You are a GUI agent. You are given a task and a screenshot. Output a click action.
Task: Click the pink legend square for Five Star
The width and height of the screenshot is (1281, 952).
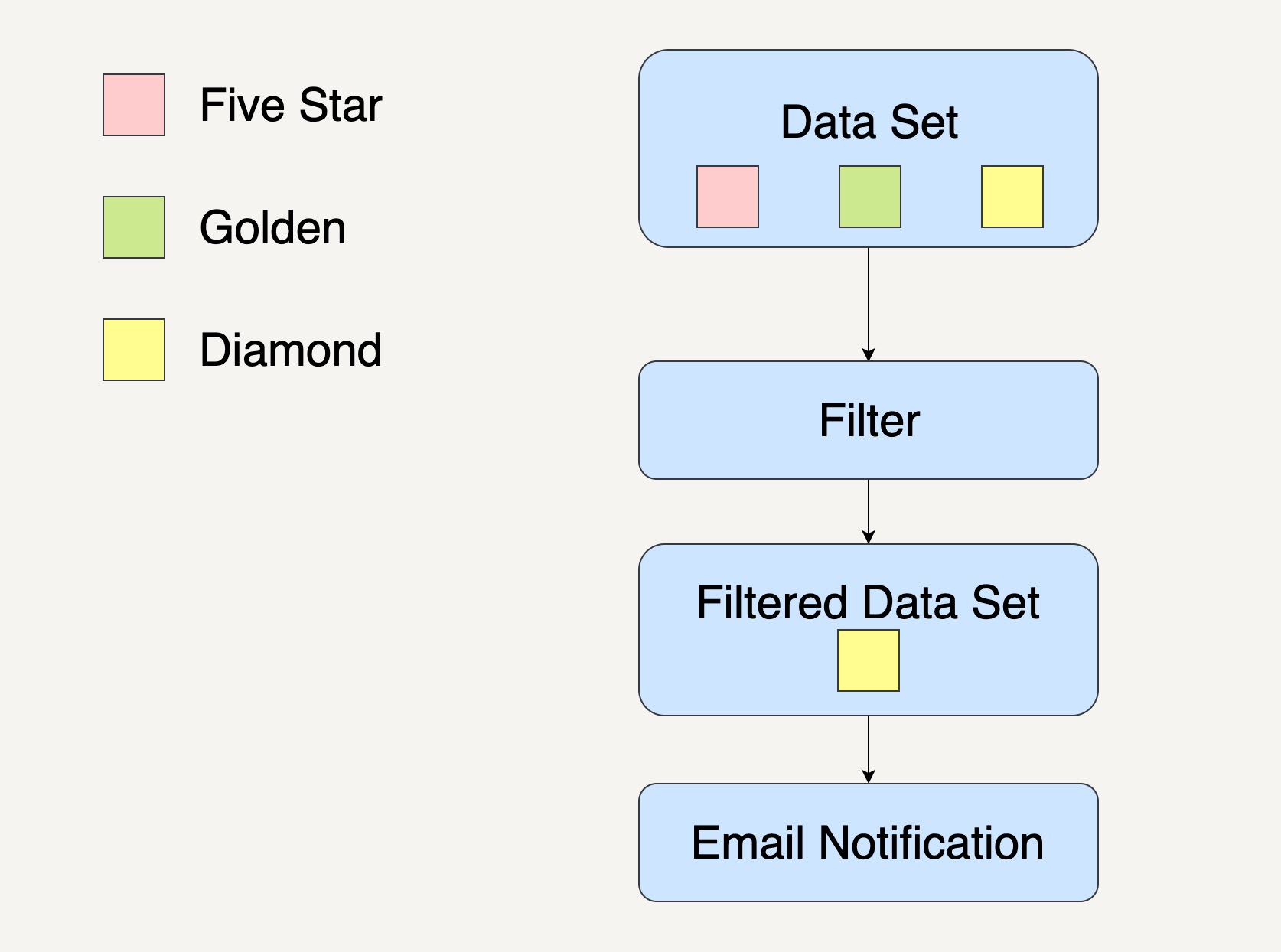pyautogui.click(x=134, y=105)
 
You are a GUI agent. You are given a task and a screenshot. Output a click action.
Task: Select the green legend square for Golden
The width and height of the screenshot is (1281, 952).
pyautogui.click(x=134, y=227)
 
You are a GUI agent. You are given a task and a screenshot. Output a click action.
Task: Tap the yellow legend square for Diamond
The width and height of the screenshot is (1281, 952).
pyautogui.click(x=134, y=350)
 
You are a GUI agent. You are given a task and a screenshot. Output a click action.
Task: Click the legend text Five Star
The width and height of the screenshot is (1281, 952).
pyautogui.click(x=291, y=105)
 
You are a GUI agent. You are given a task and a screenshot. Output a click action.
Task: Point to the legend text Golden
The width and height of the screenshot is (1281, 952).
pyautogui.click(x=272, y=227)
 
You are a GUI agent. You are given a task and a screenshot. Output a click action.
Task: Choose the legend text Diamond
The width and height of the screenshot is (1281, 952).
pyautogui.click(x=291, y=350)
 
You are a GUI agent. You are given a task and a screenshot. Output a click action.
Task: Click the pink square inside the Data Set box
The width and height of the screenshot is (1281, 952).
pyautogui.click(x=728, y=197)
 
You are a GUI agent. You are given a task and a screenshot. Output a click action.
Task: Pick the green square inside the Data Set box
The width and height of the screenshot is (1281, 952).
pyautogui.click(x=870, y=197)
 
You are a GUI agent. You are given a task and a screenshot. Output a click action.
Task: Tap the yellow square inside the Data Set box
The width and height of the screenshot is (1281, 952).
pyautogui.click(x=1012, y=197)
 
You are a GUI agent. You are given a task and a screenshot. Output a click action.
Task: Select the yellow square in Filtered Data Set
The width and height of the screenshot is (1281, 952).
pyautogui.click(x=869, y=660)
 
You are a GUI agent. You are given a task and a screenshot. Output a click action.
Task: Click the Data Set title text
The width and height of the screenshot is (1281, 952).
pyautogui.click(x=869, y=122)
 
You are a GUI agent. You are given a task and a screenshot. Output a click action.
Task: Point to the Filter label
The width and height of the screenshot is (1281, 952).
pyautogui.click(x=869, y=420)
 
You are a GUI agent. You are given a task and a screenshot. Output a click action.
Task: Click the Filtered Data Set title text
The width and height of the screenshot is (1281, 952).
pyautogui.click(x=868, y=602)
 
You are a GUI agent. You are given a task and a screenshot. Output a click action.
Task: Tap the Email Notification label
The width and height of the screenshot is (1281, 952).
pyautogui.click(x=868, y=843)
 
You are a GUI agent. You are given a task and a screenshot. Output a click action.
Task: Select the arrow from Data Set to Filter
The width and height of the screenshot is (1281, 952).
pyautogui.click(x=869, y=305)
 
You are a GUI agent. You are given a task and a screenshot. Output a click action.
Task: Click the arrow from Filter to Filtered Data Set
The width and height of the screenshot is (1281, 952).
pyautogui.click(x=869, y=512)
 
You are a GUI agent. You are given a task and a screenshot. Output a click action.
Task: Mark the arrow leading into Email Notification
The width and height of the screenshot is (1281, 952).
pyautogui.click(x=869, y=750)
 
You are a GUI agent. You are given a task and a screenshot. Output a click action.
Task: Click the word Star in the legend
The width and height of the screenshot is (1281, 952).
pyautogui.click(x=341, y=105)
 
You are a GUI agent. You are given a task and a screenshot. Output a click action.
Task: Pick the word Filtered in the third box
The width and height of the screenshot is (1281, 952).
pyautogui.click(x=772, y=602)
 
